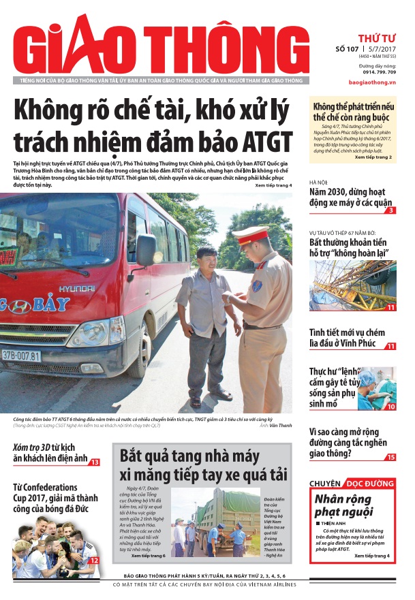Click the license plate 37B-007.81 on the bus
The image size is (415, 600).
20,356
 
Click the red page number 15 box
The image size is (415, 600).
390,457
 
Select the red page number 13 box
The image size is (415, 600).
95,462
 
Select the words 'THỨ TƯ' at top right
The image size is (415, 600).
376,37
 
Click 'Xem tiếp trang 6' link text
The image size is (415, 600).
148,556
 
